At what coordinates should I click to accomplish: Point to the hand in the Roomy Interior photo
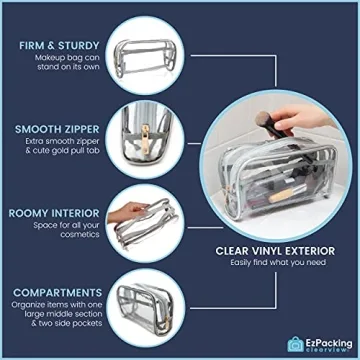[124, 212]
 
